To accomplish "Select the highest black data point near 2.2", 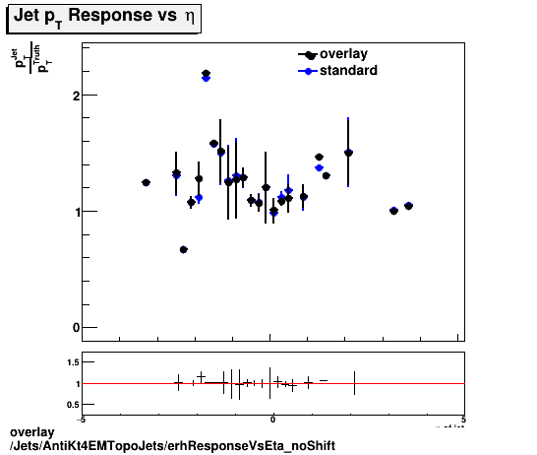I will [206, 74].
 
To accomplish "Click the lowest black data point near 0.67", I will [184, 249].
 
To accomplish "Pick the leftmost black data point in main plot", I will [146, 182].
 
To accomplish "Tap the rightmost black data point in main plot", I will [408, 206].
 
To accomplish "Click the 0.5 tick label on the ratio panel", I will [72, 404].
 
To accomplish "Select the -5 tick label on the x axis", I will [83, 418].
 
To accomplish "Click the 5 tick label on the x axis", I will [462, 418].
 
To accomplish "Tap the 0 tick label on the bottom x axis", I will [272, 418].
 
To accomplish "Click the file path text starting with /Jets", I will [171, 446].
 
